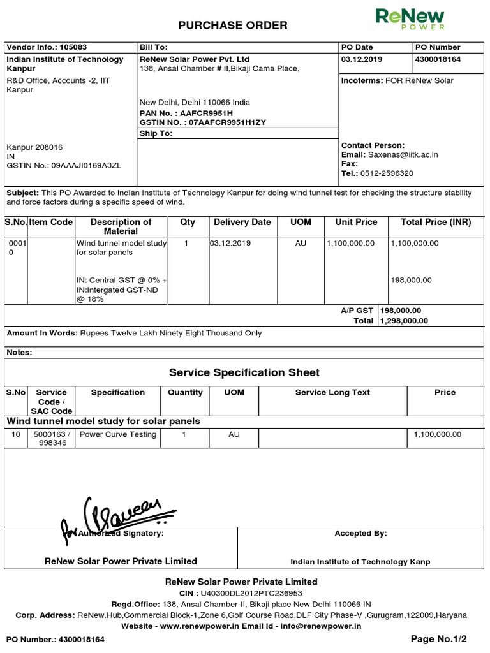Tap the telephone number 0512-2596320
[x=387, y=173]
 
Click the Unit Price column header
[x=356, y=222]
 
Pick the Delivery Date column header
[x=242, y=222]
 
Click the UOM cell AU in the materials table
[x=301, y=243]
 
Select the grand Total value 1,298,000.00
[x=405, y=321]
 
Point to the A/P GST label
[x=357, y=311]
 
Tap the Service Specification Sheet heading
[x=244, y=372]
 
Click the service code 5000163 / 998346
[x=52, y=439]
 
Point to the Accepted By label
[x=360, y=533]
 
